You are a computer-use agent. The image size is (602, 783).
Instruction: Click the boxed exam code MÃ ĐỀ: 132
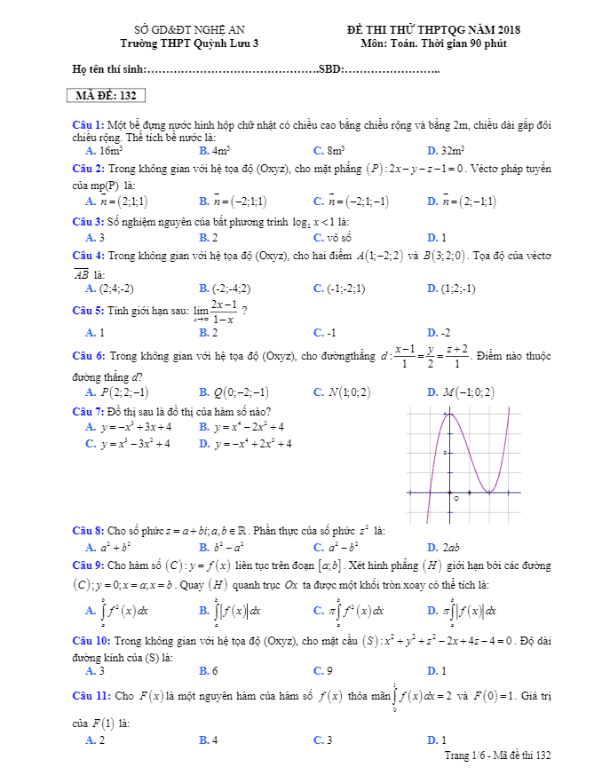click(x=106, y=96)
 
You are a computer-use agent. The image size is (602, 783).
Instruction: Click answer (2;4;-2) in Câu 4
click(x=116, y=289)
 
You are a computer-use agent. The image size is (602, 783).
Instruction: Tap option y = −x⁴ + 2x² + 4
click(x=252, y=444)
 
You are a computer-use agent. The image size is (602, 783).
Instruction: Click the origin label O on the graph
click(x=455, y=499)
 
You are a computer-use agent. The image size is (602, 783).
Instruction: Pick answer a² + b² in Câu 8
click(x=115, y=548)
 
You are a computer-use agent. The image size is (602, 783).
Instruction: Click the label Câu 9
click(x=88, y=565)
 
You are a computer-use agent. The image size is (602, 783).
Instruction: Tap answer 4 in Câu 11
click(x=215, y=739)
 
